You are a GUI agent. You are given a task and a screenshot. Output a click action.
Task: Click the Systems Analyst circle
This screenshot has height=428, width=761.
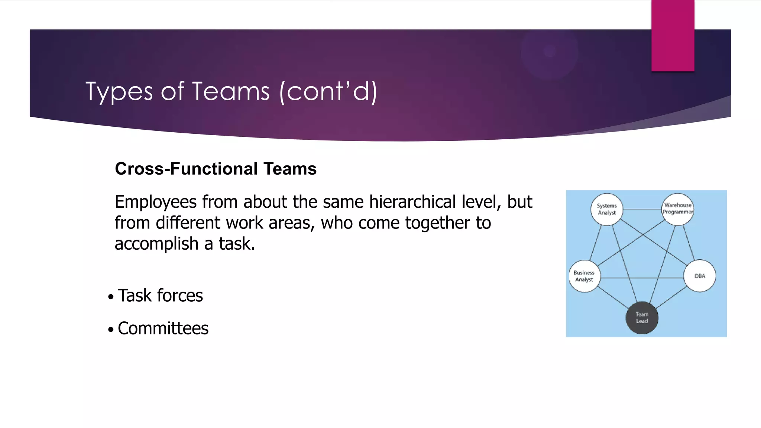point(606,209)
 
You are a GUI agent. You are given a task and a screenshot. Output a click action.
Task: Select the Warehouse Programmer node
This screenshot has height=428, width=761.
point(678,209)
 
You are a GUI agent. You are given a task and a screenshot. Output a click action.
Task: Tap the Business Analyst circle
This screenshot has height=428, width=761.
point(584,276)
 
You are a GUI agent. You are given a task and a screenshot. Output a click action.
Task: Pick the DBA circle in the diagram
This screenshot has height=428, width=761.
point(700,276)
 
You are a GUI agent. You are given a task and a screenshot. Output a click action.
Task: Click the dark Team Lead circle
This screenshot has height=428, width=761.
point(642,318)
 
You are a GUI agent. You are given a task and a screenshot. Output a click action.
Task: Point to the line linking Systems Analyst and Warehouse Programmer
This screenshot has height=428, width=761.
point(642,209)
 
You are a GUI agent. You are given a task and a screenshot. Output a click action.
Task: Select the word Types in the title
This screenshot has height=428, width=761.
point(119,92)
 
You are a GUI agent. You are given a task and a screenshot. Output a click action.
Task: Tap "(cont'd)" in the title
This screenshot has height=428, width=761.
point(328,91)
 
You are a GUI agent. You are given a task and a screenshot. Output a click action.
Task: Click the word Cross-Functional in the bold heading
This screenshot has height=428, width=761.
point(186,169)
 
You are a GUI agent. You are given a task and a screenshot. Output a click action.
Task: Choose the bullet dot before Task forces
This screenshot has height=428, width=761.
point(111,297)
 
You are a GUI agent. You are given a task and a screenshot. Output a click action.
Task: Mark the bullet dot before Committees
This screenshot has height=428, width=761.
point(111,330)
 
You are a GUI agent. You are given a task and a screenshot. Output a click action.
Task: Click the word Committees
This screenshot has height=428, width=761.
point(163,328)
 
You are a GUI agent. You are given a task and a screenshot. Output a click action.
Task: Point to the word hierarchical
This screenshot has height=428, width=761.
point(412,202)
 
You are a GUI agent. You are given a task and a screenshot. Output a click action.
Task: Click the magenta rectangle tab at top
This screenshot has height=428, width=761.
point(673,35)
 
